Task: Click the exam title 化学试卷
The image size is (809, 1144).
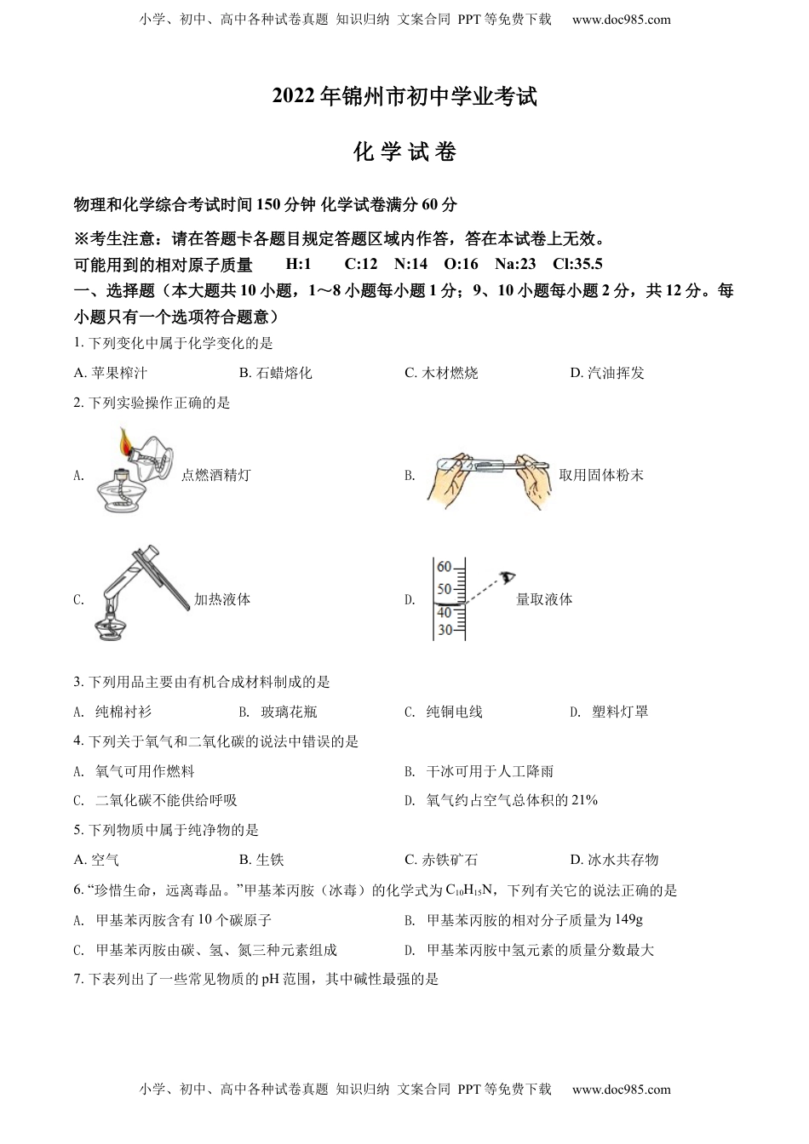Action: pos(404,152)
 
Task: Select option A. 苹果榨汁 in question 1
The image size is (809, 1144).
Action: pos(111,373)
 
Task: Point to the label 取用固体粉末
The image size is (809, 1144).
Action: pos(601,475)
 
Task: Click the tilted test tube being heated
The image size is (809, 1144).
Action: pos(128,579)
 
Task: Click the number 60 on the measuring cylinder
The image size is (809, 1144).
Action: pos(444,568)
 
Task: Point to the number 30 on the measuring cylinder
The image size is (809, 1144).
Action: pos(444,630)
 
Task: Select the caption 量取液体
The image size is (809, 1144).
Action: pos(544,599)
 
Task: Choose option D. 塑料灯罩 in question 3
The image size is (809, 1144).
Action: pos(610,712)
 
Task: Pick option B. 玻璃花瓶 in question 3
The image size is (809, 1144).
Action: pos(278,712)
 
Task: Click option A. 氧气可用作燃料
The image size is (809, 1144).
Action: pos(135,771)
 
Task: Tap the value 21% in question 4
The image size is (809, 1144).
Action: pos(584,800)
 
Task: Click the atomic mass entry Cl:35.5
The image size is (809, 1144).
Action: pos(577,264)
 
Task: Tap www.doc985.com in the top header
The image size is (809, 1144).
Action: pos(621,20)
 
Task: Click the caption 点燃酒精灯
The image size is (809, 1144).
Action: pos(215,475)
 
